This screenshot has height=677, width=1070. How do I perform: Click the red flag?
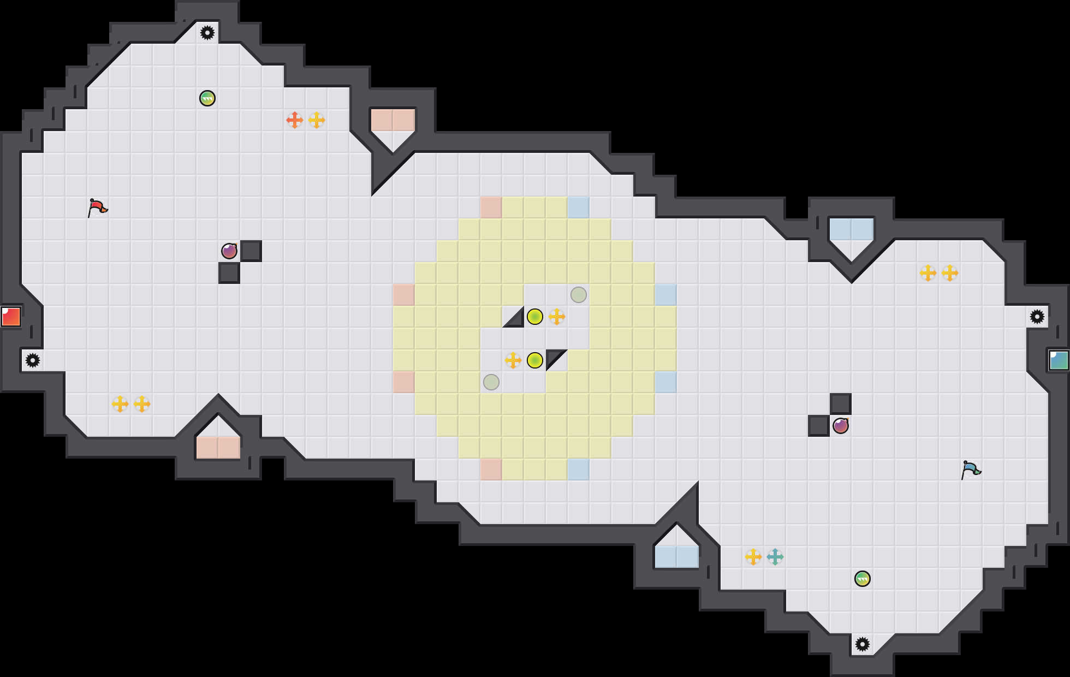(x=97, y=207)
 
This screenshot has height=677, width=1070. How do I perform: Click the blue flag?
(x=971, y=470)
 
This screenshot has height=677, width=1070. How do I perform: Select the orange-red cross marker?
(x=295, y=120)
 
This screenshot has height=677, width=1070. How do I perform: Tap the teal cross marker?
(x=775, y=557)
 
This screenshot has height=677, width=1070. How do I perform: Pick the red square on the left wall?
(x=11, y=317)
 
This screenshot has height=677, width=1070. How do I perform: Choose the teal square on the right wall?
(x=1059, y=360)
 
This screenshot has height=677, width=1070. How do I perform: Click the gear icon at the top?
(x=207, y=33)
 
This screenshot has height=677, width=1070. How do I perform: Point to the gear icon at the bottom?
(x=863, y=644)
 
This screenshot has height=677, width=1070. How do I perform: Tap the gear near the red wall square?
(x=33, y=360)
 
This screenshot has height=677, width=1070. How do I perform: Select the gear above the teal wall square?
(x=1037, y=317)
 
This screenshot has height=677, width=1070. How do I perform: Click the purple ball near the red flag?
(x=229, y=251)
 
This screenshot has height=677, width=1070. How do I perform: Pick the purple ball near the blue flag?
(x=841, y=426)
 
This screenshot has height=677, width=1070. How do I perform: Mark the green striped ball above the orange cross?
(x=207, y=98)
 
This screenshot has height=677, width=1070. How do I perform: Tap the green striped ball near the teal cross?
(x=863, y=579)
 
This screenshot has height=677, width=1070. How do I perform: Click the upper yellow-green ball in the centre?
(x=535, y=317)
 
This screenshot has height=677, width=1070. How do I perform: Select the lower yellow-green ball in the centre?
(x=535, y=360)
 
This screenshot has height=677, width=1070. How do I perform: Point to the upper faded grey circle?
(x=579, y=295)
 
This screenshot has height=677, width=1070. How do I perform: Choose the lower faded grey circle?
(x=491, y=382)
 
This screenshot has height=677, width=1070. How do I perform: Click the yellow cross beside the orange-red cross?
(x=317, y=120)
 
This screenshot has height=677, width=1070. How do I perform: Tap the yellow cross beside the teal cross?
(x=753, y=557)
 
